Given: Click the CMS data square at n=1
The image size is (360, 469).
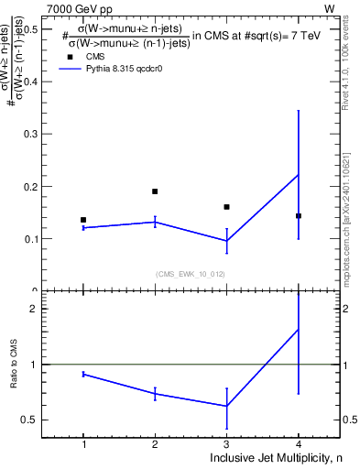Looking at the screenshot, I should tap(83, 220).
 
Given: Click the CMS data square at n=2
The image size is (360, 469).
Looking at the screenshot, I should tap(155, 191).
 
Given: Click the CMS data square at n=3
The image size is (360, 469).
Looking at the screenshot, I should tap(226, 207).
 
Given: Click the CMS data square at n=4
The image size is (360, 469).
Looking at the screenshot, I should tap(298, 216).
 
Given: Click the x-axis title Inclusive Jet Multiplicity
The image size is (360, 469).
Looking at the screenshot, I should tap(265, 458).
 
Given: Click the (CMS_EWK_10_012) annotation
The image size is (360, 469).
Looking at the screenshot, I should tap(190, 273).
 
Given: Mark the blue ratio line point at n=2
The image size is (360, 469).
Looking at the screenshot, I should tap(155, 393).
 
